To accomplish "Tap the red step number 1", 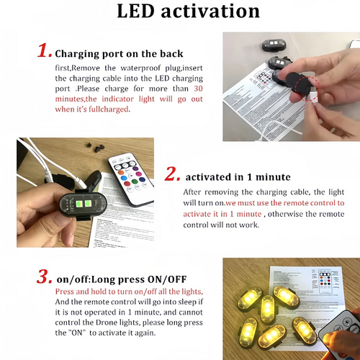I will tap(42, 52).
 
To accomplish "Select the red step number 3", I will tap(42, 276).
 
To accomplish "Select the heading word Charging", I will tap(80, 53).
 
